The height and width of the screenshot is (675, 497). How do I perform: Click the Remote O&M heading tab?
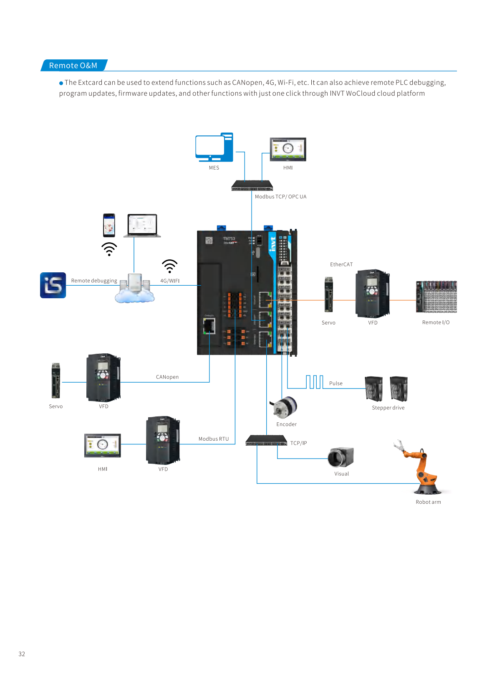(x=73, y=66)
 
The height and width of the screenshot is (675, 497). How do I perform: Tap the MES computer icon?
(x=214, y=147)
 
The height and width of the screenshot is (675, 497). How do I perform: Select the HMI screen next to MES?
(x=288, y=149)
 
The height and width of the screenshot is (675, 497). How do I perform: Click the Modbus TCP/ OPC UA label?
(x=280, y=197)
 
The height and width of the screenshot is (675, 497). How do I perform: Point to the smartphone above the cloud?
(x=109, y=225)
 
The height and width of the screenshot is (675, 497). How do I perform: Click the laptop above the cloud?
(x=142, y=226)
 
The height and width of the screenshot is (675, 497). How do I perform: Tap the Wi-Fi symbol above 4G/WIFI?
(x=169, y=266)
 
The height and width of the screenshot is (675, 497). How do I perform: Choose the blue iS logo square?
(x=53, y=285)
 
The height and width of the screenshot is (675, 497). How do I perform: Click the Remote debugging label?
(x=94, y=281)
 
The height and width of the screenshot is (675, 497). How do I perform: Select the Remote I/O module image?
(x=436, y=297)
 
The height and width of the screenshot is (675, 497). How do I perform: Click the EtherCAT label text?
(x=341, y=264)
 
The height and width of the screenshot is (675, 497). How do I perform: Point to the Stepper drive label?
(x=388, y=408)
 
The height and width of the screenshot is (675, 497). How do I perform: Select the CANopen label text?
(x=167, y=377)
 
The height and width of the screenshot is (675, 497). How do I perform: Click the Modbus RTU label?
(x=214, y=439)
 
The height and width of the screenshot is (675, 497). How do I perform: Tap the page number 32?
(x=22, y=654)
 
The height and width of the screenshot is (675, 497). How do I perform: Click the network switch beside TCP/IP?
(x=266, y=441)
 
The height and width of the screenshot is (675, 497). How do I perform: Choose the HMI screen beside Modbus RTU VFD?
(x=103, y=445)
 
